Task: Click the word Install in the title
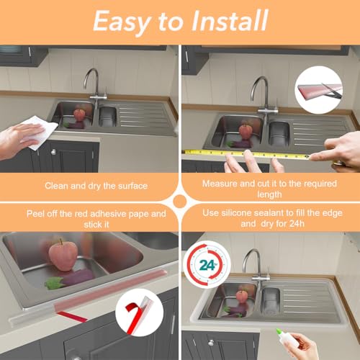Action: (x=230, y=20)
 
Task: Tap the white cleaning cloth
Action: (x=39, y=132)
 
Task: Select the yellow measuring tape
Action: (x=246, y=154)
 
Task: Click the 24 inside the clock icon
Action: (x=207, y=265)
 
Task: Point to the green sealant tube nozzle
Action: (x=279, y=331)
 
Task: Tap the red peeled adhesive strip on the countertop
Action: (x=72, y=316)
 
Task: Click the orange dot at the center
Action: (x=180, y=202)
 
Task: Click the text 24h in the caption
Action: (x=297, y=224)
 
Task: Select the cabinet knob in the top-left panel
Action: (x=53, y=151)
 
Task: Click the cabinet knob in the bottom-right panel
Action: (x=211, y=343)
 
